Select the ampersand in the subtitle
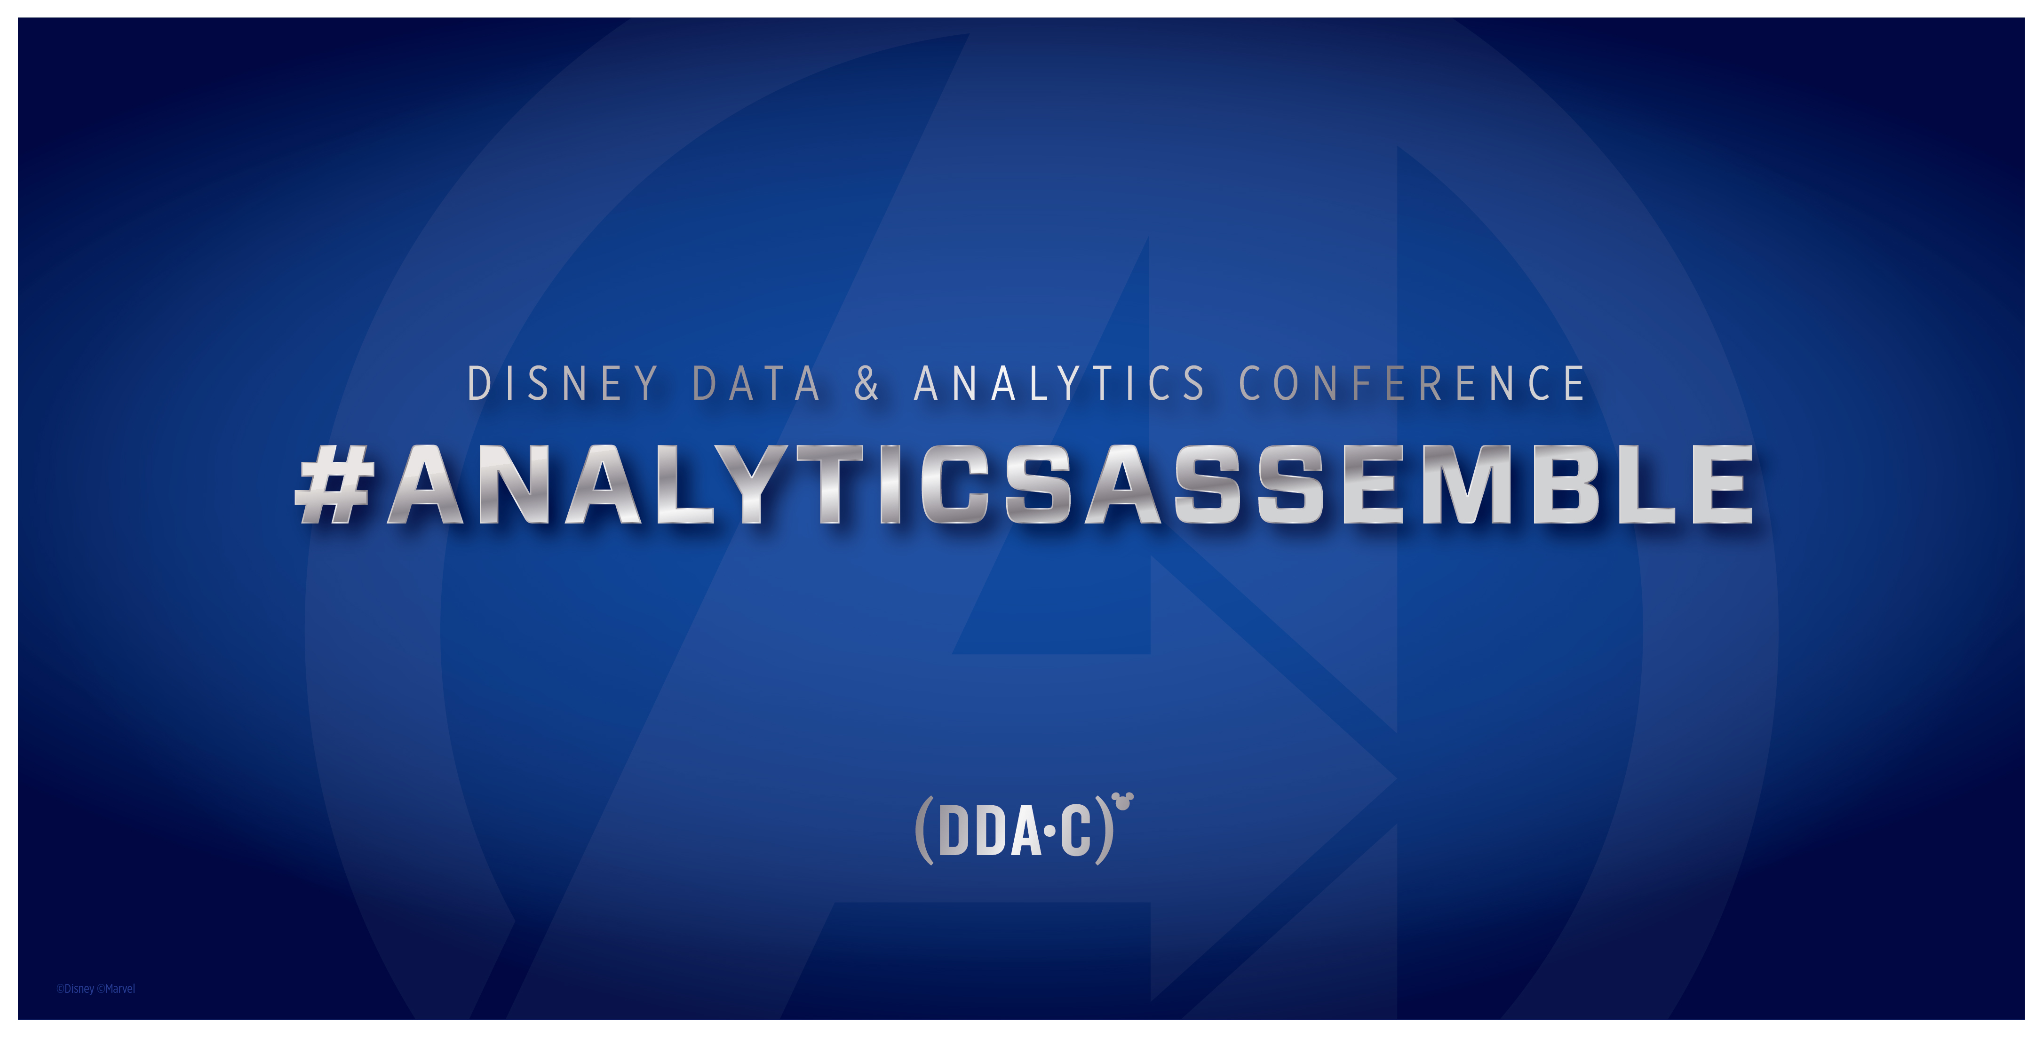point(867,384)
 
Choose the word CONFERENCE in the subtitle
point(1412,384)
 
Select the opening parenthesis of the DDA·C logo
point(924,831)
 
